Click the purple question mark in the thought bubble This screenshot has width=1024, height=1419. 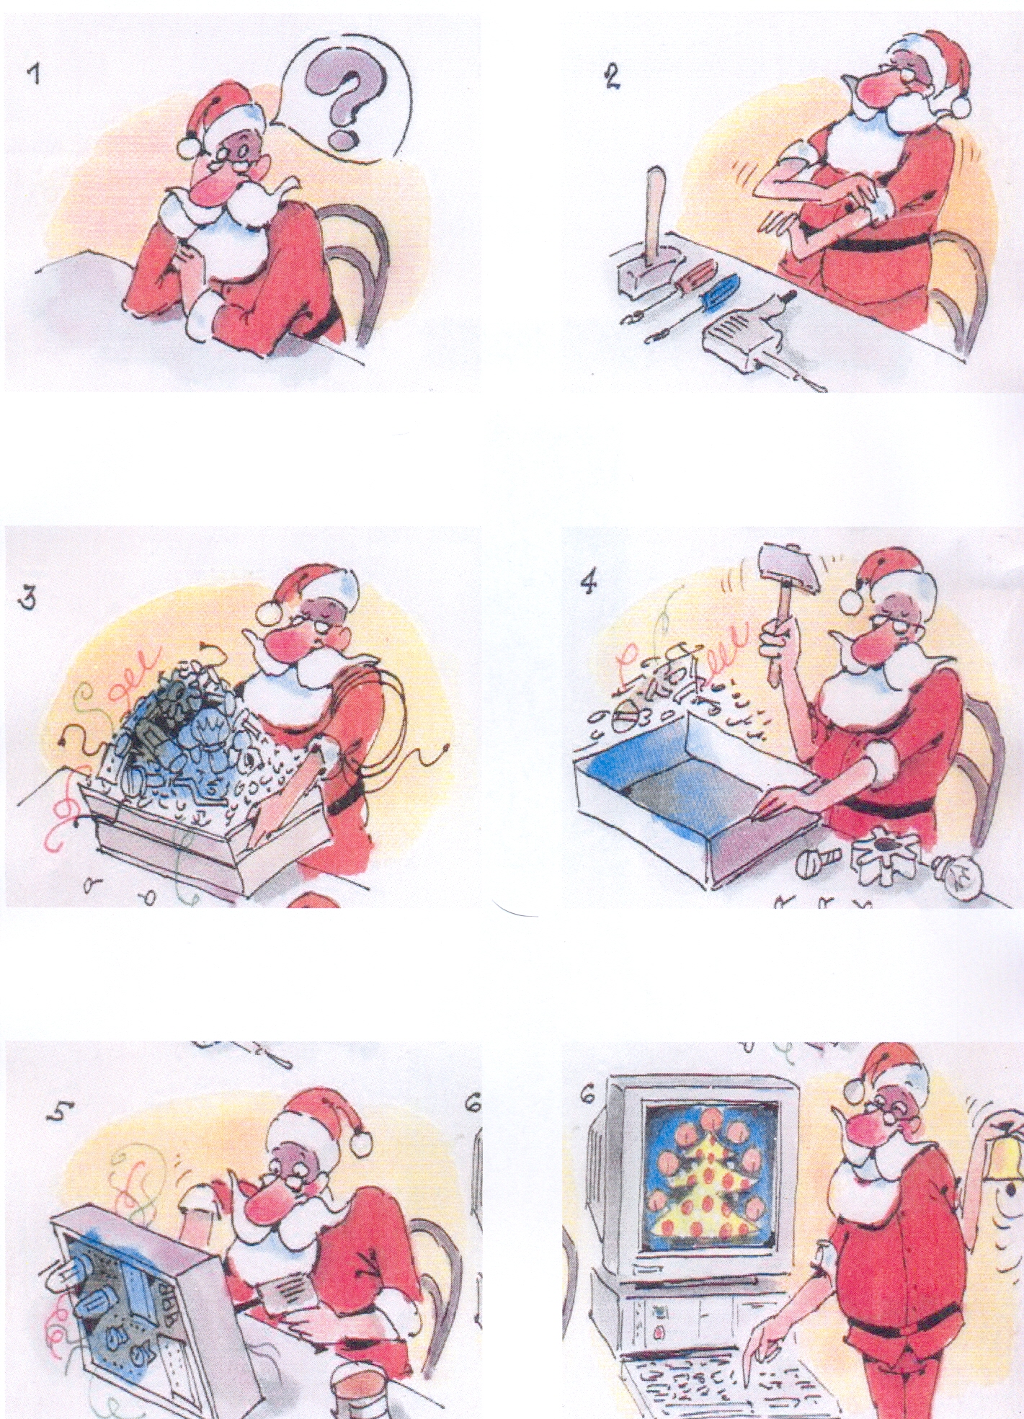(339, 101)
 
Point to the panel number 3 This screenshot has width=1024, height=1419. (30, 599)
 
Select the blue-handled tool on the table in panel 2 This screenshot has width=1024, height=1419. (717, 294)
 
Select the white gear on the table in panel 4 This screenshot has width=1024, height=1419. (882, 858)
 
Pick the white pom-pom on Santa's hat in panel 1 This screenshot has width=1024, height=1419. (189, 146)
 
